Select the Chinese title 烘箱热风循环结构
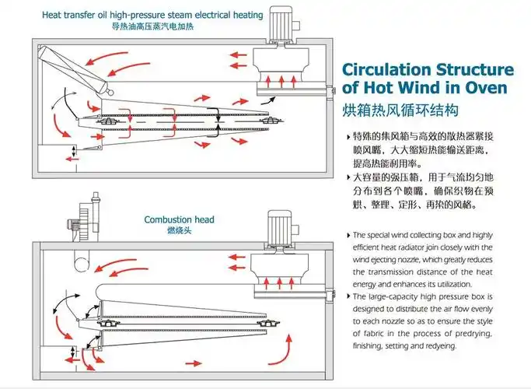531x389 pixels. coord(396,109)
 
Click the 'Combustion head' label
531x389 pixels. coord(179,220)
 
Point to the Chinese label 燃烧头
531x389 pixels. coord(179,231)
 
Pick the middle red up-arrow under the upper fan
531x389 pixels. coord(280,79)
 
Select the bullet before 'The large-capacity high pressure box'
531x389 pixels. coord(347,296)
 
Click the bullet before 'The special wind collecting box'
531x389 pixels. coord(347,234)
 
